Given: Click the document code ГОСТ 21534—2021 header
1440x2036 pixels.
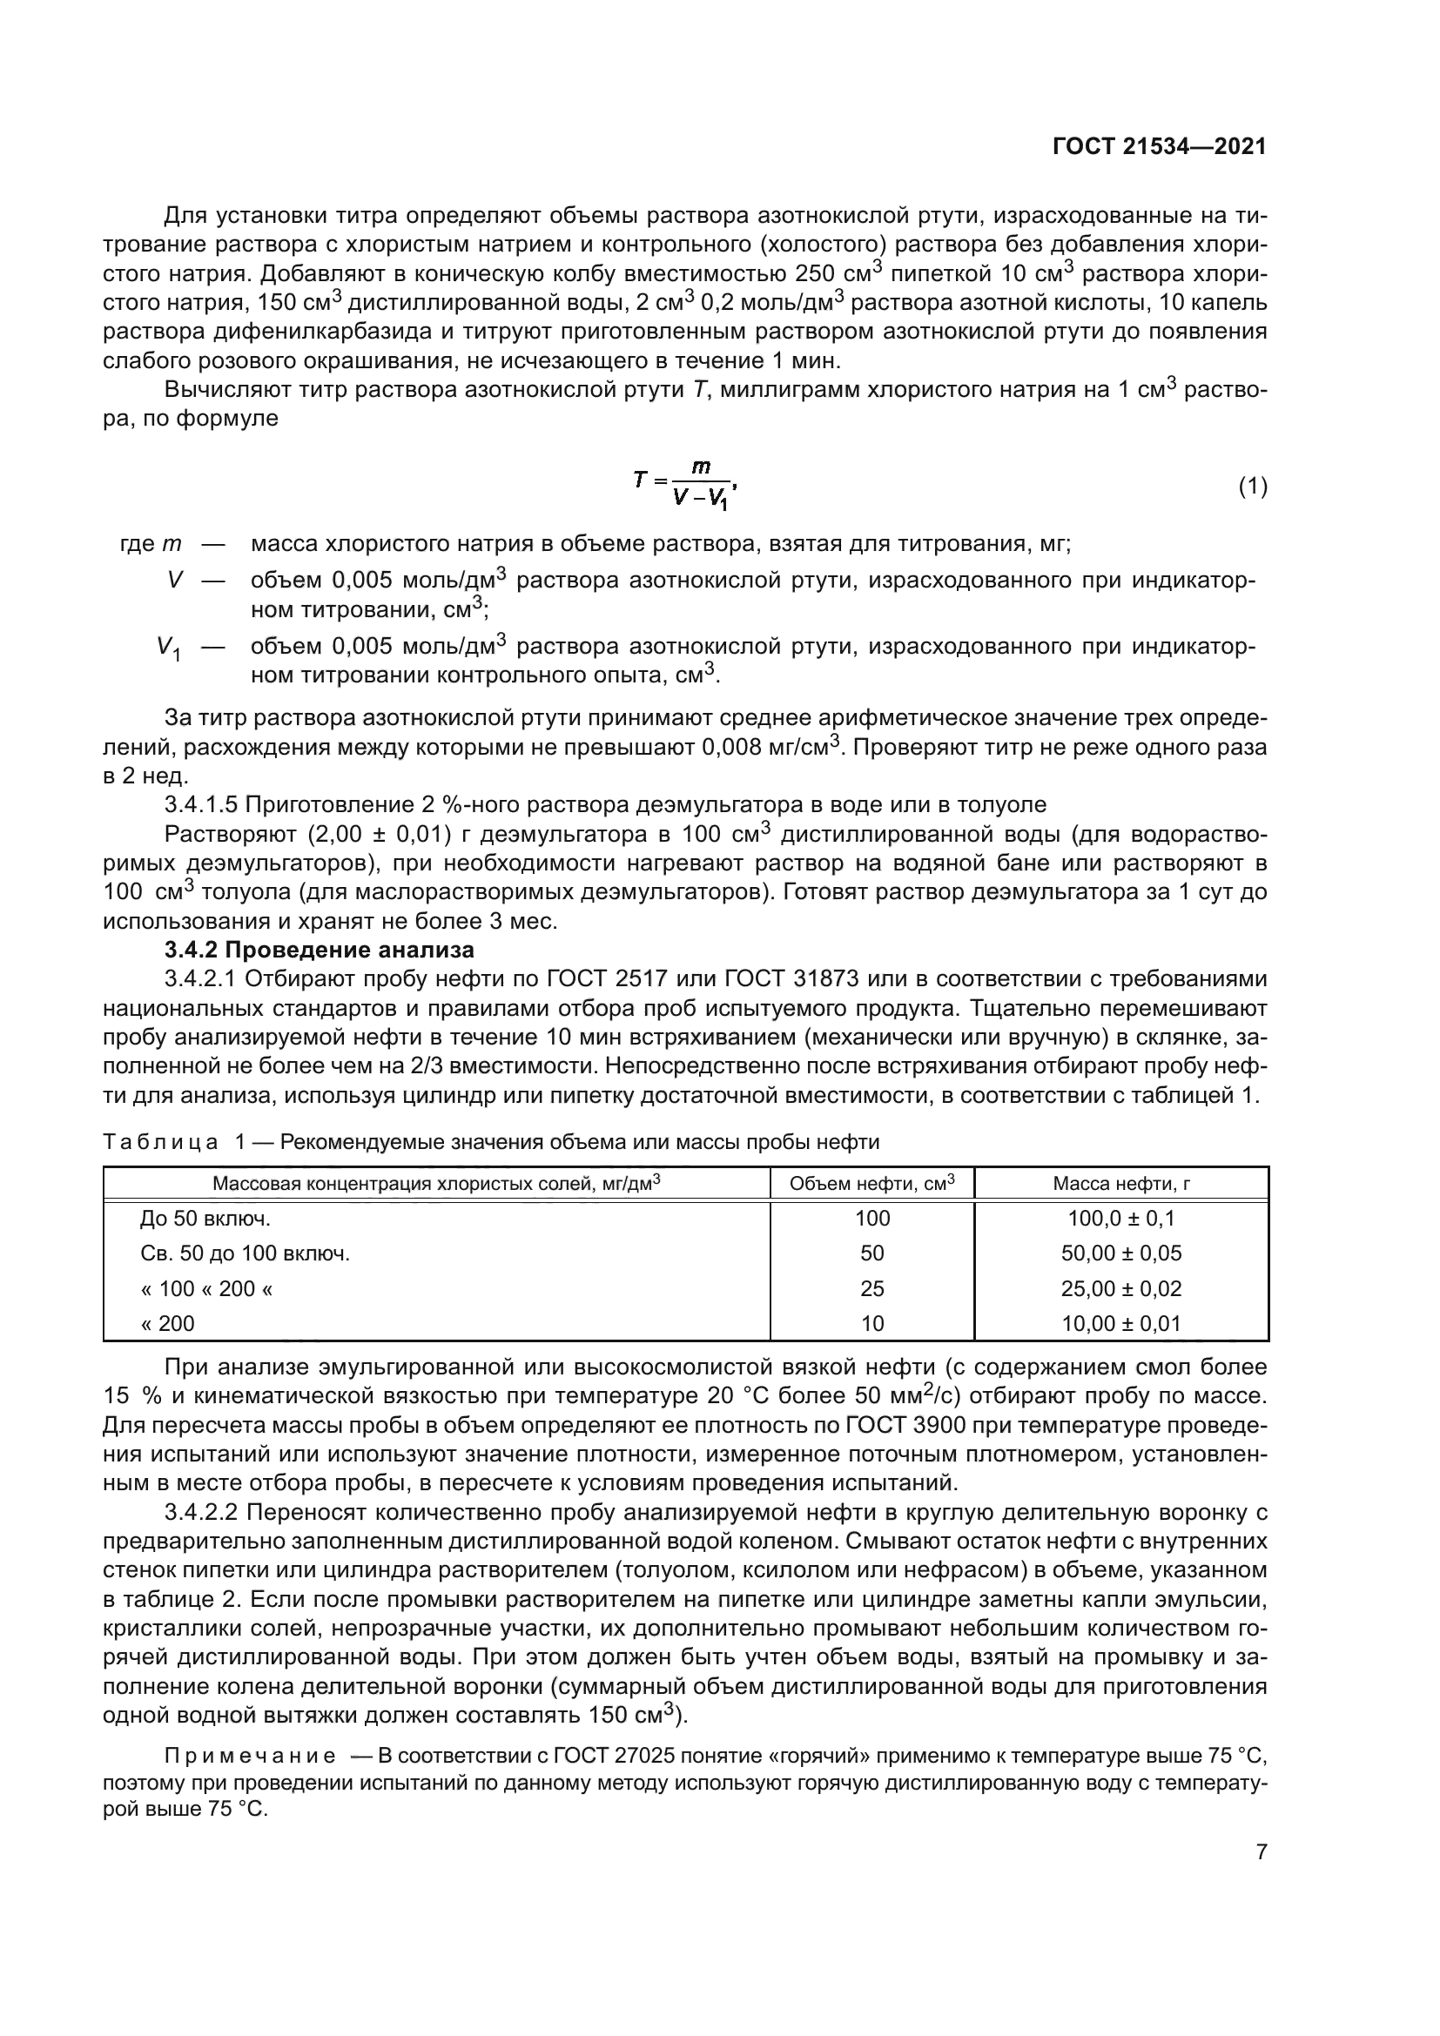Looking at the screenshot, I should click(x=1159, y=146).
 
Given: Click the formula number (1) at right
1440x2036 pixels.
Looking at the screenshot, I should click(x=1252, y=486).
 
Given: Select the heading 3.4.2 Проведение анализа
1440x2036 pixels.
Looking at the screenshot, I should click(x=320, y=950).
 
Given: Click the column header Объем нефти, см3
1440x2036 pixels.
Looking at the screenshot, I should click(x=871, y=1183).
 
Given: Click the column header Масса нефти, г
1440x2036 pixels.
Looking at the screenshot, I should click(x=1120, y=1183).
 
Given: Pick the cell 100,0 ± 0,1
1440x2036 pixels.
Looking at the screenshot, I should click(x=1120, y=1219).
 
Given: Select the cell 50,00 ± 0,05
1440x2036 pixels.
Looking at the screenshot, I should click(x=1120, y=1253).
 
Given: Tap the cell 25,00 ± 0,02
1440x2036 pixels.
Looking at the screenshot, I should click(x=1120, y=1288).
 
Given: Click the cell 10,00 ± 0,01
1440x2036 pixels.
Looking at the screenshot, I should click(x=1120, y=1324).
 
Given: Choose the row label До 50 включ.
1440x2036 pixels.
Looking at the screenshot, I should click(x=205, y=1219).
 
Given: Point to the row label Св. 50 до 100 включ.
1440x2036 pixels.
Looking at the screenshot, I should click(x=245, y=1253).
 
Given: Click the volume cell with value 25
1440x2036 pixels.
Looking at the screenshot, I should click(x=871, y=1288).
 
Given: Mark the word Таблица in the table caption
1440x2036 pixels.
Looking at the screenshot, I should click(x=160, y=1141).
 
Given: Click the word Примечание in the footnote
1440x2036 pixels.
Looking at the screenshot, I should click(x=250, y=1756).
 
